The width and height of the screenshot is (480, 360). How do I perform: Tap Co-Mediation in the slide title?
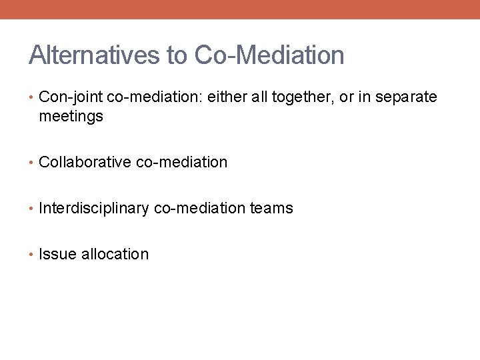(x=269, y=55)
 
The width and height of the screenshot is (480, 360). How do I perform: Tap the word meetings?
(x=71, y=117)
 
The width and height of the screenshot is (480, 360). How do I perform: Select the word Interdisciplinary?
(x=94, y=208)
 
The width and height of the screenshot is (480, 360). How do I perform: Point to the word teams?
(x=271, y=208)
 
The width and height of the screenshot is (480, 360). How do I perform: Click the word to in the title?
(x=177, y=55)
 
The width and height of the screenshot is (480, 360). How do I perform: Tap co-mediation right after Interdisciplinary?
(x=200, y=208)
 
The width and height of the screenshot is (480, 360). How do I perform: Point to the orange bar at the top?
(x=240, y=9)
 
